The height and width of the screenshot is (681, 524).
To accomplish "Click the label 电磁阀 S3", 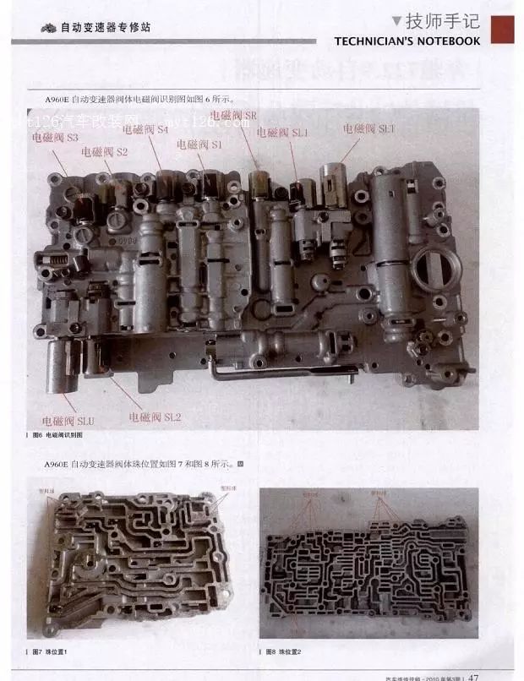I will click(55, 136).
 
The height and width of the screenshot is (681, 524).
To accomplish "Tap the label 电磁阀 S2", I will click(104, 152).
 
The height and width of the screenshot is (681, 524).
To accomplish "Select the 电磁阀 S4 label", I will click(145, 130).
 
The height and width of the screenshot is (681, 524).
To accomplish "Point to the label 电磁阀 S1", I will click(199, 144).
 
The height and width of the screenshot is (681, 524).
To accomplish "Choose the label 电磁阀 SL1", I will click(283, 133).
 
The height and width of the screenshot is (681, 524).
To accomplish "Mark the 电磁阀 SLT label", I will click(369, 128).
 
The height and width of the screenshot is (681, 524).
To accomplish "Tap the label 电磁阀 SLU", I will click(68, 420).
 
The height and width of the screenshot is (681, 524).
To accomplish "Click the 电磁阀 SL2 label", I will click(155, 417).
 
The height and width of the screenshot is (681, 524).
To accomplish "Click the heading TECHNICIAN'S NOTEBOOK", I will click(407, 41).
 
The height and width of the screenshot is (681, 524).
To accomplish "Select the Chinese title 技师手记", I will click(442, 21).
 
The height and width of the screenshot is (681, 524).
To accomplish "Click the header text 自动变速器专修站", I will click(106, 28).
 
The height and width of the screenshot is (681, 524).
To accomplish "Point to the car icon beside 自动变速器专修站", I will click(49, 28).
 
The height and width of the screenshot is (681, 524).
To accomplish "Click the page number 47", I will click(474, 676).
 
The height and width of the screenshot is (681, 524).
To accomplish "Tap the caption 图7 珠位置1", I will click(50, 652).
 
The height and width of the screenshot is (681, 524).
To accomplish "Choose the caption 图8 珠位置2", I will click(283, 652).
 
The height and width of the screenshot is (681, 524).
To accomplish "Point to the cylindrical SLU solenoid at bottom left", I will click(63, 366).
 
